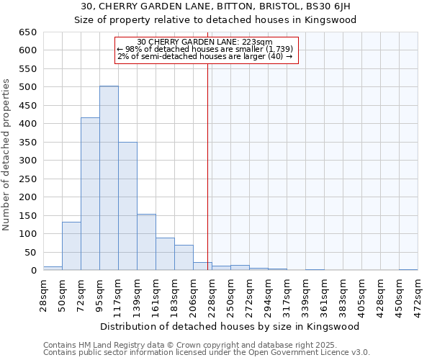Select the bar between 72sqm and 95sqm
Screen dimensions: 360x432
pyautogui.click(x=90, y=194)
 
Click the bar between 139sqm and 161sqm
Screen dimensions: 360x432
pyautogui.click(x=146, y=242)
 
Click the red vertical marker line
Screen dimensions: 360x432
pyautogui.click(x=208, y=166)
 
